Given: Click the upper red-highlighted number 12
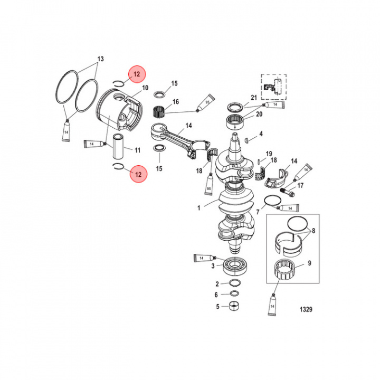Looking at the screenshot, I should pyautogui.click(x=137, y=74).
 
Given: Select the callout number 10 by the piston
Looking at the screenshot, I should pyautogui.click(x=145, y=88).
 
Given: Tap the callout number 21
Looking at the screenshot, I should pyautogui.click(x=253, y=98).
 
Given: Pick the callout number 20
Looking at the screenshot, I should pyautogui.click(x=259, y=114).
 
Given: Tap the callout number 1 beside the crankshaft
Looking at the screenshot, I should pyautogui.click(x=199, y=208).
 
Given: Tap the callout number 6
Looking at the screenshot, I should pyautogui.click(x=216, y=295).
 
